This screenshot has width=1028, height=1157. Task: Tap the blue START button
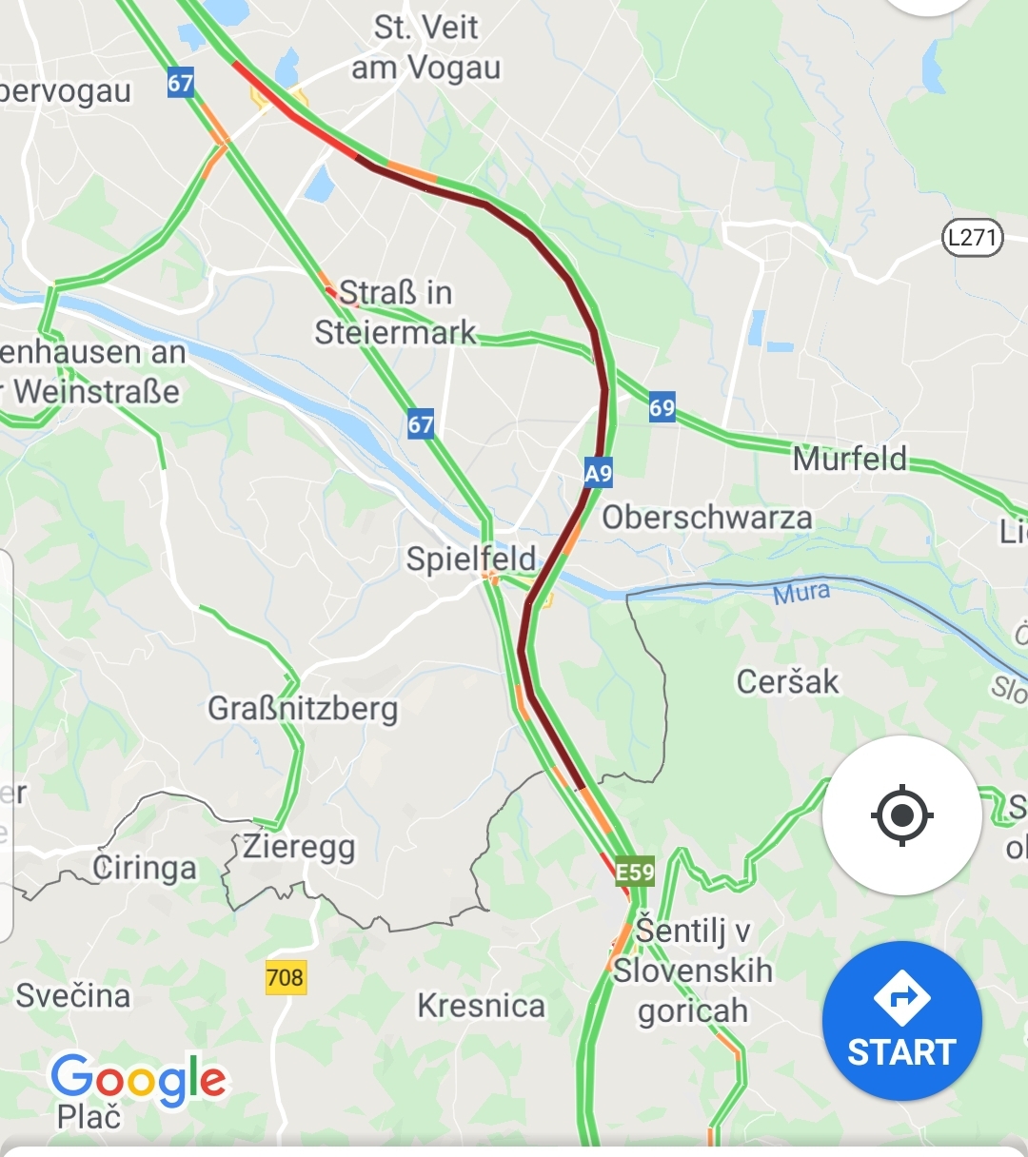pos(901,1022)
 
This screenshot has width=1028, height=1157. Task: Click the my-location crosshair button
pos(901,815)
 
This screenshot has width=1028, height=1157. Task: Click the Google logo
pos(139,1079)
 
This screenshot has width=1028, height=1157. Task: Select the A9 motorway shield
pos(599,473)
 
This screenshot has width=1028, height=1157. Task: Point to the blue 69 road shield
pos(662,408)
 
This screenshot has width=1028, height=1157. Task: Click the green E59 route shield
pos(635,872)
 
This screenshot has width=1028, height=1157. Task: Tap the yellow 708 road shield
pos(286,977)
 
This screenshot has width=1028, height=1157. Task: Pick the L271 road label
pos(973,236)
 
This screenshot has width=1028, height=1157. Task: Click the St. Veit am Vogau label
pos(425,48)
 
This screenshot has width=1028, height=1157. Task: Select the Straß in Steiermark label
pos(396,312)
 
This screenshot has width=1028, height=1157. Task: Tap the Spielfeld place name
pos(471,559)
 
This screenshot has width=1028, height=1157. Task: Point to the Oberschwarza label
pos(707,518)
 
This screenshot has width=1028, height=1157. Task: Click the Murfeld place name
pos(850,459)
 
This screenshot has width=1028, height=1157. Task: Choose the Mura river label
pos(801,594)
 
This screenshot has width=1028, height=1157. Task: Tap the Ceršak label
pos(788,681)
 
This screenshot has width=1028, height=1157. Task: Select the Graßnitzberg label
pos(303,709)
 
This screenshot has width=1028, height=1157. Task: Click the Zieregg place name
pos(299,846)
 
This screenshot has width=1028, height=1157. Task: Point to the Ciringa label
pos(145,868)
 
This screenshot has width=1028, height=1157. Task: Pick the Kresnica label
pos(482,1006)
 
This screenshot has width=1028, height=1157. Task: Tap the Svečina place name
pos(73,995)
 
